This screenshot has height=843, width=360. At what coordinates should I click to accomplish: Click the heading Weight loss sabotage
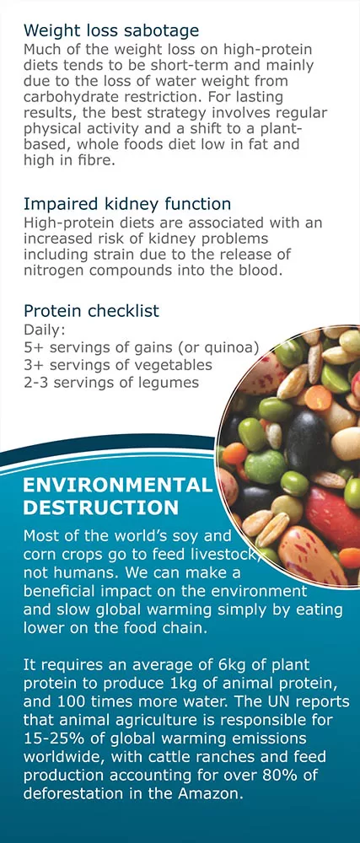pos(110,30)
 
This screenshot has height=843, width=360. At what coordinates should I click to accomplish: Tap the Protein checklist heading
pos(91,311)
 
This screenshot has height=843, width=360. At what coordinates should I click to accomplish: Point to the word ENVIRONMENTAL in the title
pos(118,486)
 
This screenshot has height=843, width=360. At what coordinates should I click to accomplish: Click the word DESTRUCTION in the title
pos(101,507)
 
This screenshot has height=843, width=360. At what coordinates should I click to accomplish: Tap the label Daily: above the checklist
pos(44,330)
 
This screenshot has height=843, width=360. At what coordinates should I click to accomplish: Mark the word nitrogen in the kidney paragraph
pos(55,270)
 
